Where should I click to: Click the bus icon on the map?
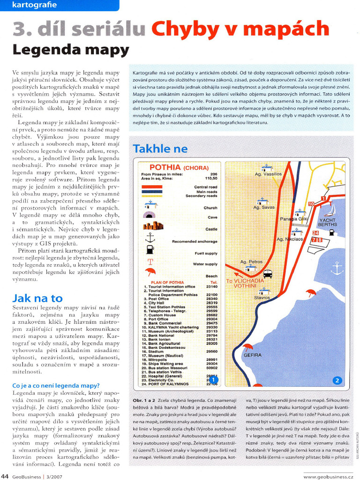(x=268, y=274)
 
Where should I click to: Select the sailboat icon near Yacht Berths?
(x=328, y=214)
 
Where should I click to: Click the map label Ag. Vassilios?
(x=268, y=173)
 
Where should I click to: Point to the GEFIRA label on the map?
(x=252, y=355)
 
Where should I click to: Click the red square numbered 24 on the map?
(x=315, y=232)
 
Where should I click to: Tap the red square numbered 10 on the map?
(x=311, y=204)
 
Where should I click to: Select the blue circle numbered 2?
(x=337, y=380)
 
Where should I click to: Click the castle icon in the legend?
(x=153, y=226)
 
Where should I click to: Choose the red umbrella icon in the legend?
(x=150, y=272)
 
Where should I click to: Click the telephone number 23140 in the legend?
(x=211, y=286)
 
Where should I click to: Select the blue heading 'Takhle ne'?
(x=160, y=149)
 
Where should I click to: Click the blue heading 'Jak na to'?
(x=37, y=298)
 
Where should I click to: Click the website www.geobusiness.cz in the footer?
(x=328, y=477)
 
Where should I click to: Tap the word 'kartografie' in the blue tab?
(x=34, y=5)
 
